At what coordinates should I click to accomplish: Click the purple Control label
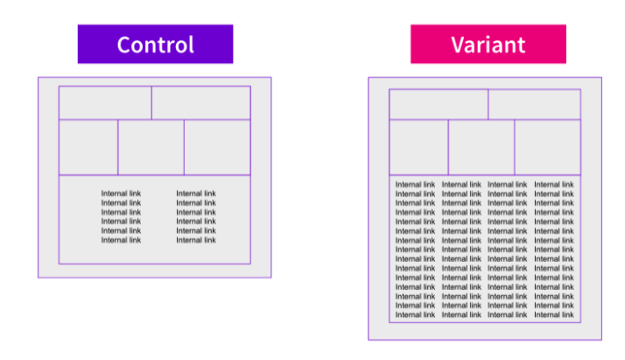[155, 44]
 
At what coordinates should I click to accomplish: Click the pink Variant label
[488, 44]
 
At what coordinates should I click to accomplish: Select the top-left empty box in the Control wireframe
[105, 102]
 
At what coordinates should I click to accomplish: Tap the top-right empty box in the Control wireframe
[201, 102]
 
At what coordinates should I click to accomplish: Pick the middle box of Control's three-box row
[151, 147]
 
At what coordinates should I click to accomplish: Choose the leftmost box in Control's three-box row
[88, 147]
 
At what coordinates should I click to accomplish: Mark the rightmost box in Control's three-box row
[217, 147]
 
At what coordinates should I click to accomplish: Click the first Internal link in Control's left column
[121, 194]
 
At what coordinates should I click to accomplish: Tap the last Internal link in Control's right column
[196, 240]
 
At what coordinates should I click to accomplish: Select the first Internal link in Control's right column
[196, 194]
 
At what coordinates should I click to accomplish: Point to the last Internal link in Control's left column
[121, 240]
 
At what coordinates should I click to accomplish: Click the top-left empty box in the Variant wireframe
[439, 104]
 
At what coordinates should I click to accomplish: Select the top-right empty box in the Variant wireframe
[535, 104]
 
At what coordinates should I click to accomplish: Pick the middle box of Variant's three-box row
[481, 147]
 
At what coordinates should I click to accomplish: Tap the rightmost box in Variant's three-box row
[548, 147]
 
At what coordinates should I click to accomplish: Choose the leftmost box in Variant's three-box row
[419, 147]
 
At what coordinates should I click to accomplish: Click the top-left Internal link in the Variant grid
[415, 185]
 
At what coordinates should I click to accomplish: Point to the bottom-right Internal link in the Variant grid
[554, 314]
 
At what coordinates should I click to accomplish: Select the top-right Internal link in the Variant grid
[554, 185]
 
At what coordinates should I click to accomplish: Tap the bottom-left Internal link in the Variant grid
[415, 314]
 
